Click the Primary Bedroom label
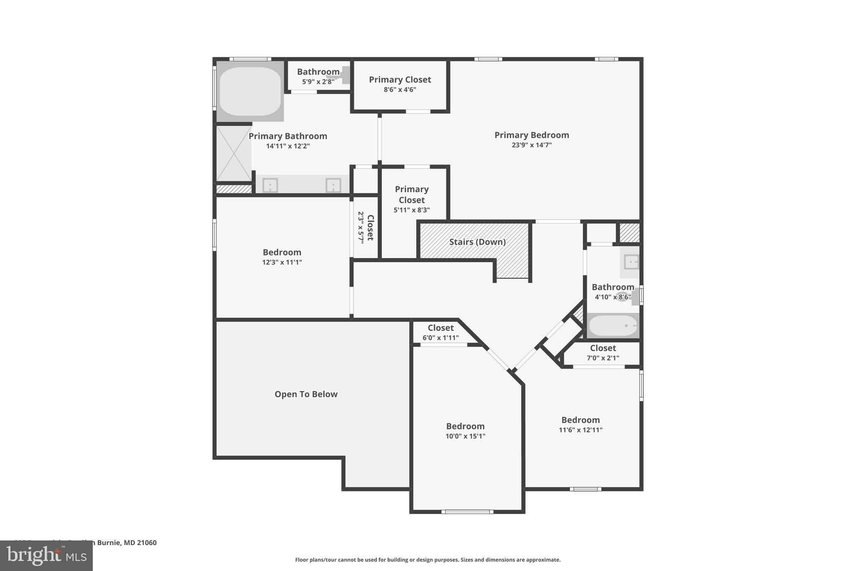click(x=532, y=135)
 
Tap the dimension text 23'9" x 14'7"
click(x=532, y=145)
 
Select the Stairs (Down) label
click(x=477, y=242)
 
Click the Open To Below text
click(x=306, y=394)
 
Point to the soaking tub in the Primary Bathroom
click(x=250, y=91)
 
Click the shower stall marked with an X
click(x=234, y=154)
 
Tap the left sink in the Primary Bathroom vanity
click(x=270, y=185)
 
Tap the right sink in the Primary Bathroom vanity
click(x=333, y=185)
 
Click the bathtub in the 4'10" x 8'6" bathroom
click(x=613, y=325)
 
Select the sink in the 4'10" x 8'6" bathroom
click(x=631, y=262)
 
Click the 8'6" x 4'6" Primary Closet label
click(x=400, y=79)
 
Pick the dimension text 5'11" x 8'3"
click(x=412, y=210)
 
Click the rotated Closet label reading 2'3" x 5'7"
click(x=370, y=227)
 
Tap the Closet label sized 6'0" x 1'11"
click(x=441, y=328)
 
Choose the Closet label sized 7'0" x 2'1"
click(x=603, y=348)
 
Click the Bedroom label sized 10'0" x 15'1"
click(x=465, y=426)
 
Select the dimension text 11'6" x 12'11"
click(x=581, y=430)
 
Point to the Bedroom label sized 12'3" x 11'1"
click(x=282, y=252)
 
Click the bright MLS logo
click(x=46, y=556)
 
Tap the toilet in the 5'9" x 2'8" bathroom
click(x=343, y=75)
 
